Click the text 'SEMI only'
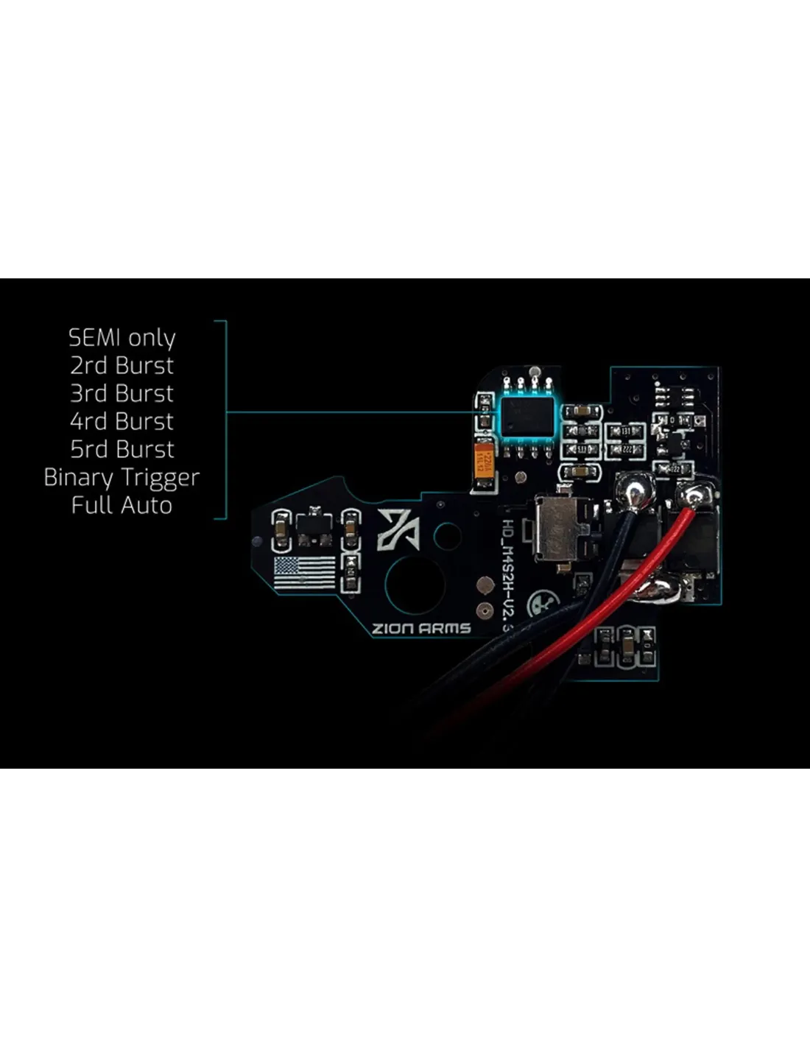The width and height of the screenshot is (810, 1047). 122,338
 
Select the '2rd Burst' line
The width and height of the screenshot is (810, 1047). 122,365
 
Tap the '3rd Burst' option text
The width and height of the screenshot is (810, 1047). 122,393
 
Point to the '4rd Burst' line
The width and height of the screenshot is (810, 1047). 122,421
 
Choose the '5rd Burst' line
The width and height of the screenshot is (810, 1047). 122,449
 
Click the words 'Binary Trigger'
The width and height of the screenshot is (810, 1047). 122,478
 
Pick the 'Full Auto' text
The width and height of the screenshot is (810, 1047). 122,505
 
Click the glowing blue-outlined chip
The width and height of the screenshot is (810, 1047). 526,415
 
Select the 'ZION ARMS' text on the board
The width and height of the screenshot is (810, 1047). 420,628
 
